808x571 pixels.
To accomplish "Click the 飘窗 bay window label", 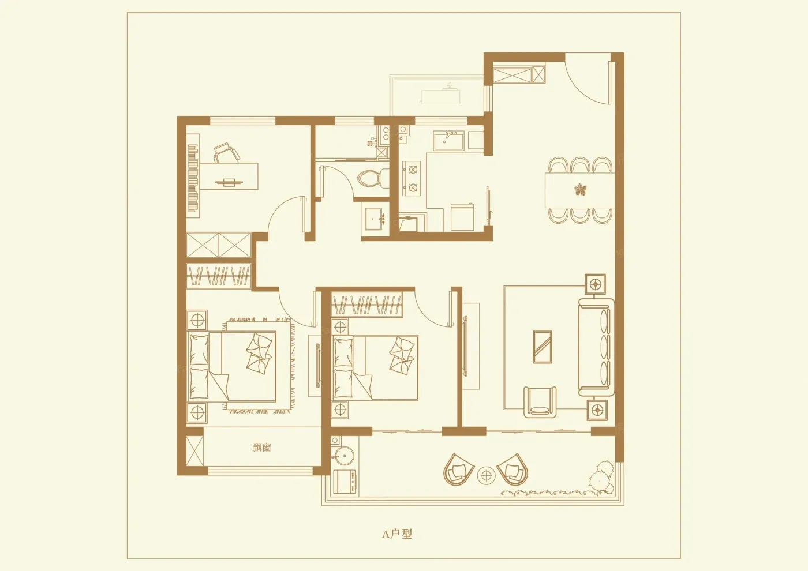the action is pos(261,448).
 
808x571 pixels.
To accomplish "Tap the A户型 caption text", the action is pos(397,534).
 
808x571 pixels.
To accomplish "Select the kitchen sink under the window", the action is pos(448,141).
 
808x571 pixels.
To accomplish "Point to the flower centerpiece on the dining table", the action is pos(581,190).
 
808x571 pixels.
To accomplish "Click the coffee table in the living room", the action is pos(542,347).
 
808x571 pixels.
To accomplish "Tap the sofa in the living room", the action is pos(596,347).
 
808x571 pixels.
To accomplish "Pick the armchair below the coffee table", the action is pos(540,403).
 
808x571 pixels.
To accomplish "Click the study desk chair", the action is pos(226,152).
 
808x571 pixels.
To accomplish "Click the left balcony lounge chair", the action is pos(458,469).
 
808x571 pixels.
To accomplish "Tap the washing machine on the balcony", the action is pos(345,483).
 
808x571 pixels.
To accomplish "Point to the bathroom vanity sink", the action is pos(376,219).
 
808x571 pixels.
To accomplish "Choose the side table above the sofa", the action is pos(595,284).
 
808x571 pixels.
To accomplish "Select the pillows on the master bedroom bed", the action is pos(259,353).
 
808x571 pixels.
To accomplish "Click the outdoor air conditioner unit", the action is pos(440,96).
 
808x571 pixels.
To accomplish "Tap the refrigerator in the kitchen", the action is pos(462,217).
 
